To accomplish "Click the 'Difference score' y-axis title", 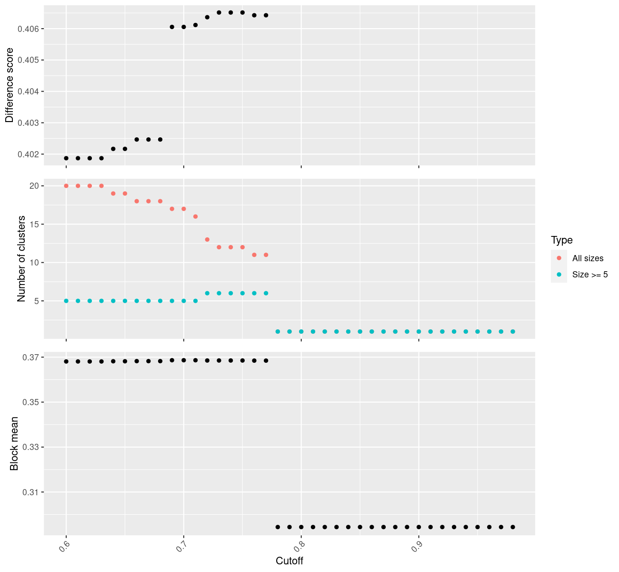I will [x=10, y=85].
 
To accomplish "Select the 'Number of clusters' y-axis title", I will [x=21, y=259].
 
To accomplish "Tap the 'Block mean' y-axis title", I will [x=14, y=443].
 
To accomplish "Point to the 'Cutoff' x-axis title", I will [x=290, y=561].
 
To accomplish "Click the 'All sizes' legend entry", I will [x=588, y=258].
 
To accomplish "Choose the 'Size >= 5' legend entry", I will [x=590, y=275].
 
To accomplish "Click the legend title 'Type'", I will [x=561, y=240].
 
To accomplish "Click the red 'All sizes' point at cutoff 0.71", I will [x=195, y=216].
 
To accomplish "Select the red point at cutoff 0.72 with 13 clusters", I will [x=207, y=239].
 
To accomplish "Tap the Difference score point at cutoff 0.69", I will [x=172, y=27].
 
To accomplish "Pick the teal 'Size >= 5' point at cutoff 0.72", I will [x=207, y=293].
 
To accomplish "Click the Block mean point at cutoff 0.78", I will [x=278, y=527].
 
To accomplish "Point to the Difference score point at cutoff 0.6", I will [x=66, y=158].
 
